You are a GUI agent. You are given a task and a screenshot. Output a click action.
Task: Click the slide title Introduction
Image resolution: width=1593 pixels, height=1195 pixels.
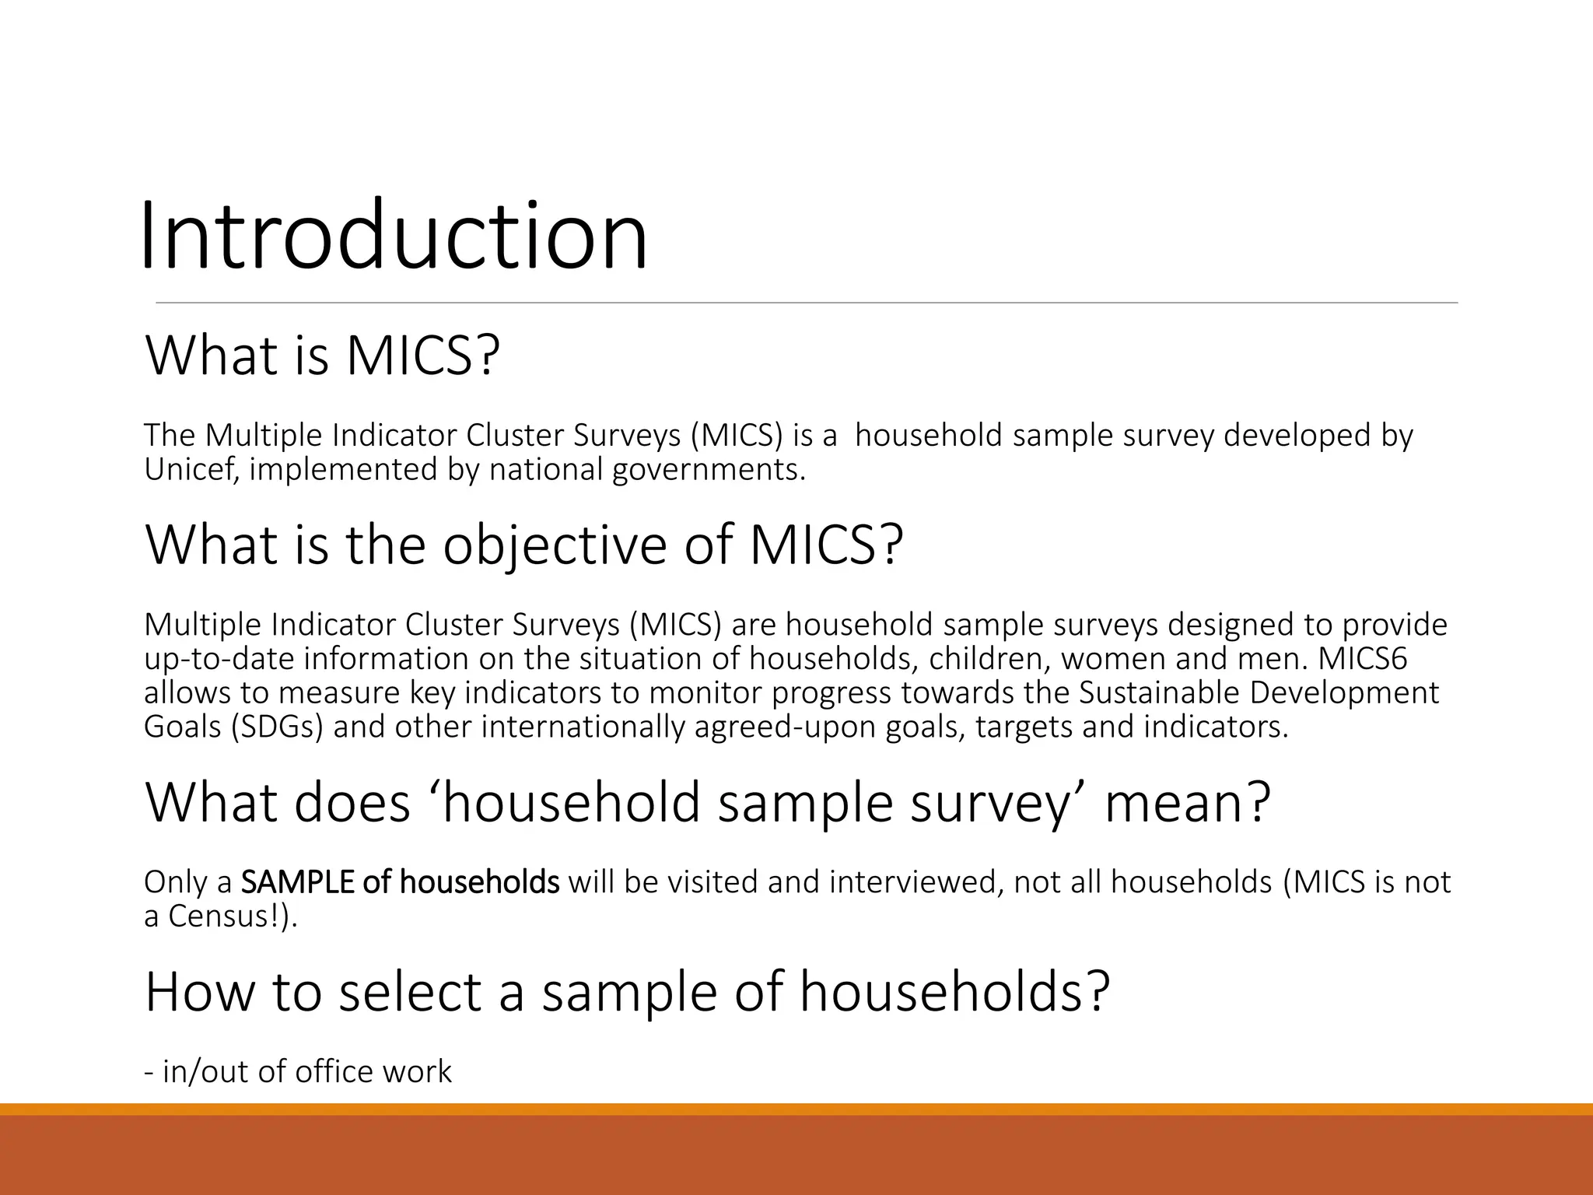click(x=394, y=235)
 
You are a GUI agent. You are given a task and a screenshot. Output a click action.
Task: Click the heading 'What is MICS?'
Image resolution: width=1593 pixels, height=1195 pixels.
click(x=322, y=356)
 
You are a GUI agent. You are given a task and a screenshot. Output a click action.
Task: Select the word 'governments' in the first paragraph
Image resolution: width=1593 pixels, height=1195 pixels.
click(x=708, y=469)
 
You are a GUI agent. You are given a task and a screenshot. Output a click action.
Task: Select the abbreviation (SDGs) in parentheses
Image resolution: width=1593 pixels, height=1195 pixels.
click(x=277, y=727)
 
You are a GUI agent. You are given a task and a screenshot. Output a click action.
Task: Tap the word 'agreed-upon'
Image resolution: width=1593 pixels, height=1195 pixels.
click(x=786, y=727)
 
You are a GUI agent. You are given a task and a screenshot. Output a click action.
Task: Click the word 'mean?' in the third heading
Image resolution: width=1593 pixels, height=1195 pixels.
click(x=1187, y=802)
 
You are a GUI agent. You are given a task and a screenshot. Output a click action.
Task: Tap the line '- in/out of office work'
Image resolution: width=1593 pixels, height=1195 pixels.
click(x=298, y=1071)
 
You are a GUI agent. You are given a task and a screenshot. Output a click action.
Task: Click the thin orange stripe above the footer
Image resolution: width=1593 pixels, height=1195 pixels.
click(x=796, y=1109)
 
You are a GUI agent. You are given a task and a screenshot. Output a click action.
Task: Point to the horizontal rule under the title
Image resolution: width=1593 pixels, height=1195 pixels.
click(x=806, y=303)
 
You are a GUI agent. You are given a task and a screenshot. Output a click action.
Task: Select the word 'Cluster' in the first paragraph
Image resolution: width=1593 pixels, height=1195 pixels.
click(x=514, y=436)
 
